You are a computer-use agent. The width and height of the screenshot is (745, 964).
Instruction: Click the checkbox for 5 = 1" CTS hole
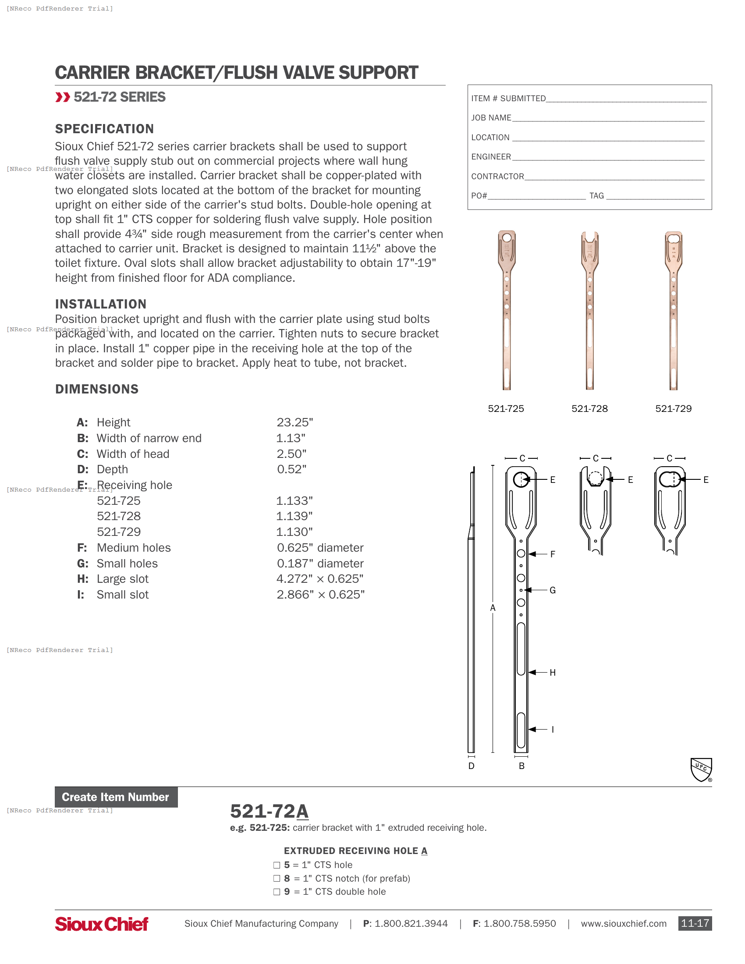(x=277, y=865)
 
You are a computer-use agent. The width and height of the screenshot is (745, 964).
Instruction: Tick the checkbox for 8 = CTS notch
(x=277, y=879)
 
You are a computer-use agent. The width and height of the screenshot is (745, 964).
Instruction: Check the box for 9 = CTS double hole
(x=277, y=892)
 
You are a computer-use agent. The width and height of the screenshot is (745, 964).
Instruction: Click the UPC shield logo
(x=701, y=769)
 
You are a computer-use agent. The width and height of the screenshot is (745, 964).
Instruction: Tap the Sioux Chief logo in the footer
(x=102, y=923)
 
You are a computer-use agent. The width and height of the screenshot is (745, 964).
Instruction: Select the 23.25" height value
(x=294, y=422)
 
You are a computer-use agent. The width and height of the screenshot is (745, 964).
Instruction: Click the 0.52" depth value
(x=291, y=469)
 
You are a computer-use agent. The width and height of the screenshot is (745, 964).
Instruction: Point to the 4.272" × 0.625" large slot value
(x=319, y=579)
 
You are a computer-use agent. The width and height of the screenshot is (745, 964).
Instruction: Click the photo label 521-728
(x=589, y=409)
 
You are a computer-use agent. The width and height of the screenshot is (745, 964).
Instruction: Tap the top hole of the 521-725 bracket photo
(x=507, y=238)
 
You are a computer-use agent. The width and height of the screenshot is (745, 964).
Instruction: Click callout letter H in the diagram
(x=553, y=673)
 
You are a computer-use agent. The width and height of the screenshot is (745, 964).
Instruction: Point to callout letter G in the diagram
(x=553, y=590)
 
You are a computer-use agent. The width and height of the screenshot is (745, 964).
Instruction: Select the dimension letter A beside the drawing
(x=493, y=608)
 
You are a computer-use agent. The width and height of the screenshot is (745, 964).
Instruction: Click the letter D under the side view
(x=472, y=766)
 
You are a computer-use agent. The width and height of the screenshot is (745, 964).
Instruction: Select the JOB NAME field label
(x=491, y=118)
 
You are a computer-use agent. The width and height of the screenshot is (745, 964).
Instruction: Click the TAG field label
(x=596, y=196)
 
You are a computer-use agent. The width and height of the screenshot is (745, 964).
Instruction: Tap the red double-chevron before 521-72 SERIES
(x=63, y=97)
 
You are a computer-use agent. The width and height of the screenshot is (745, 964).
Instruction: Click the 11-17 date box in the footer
(x=695, y=923)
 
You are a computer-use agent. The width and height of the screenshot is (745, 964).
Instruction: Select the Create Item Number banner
(x=116, y=797)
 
